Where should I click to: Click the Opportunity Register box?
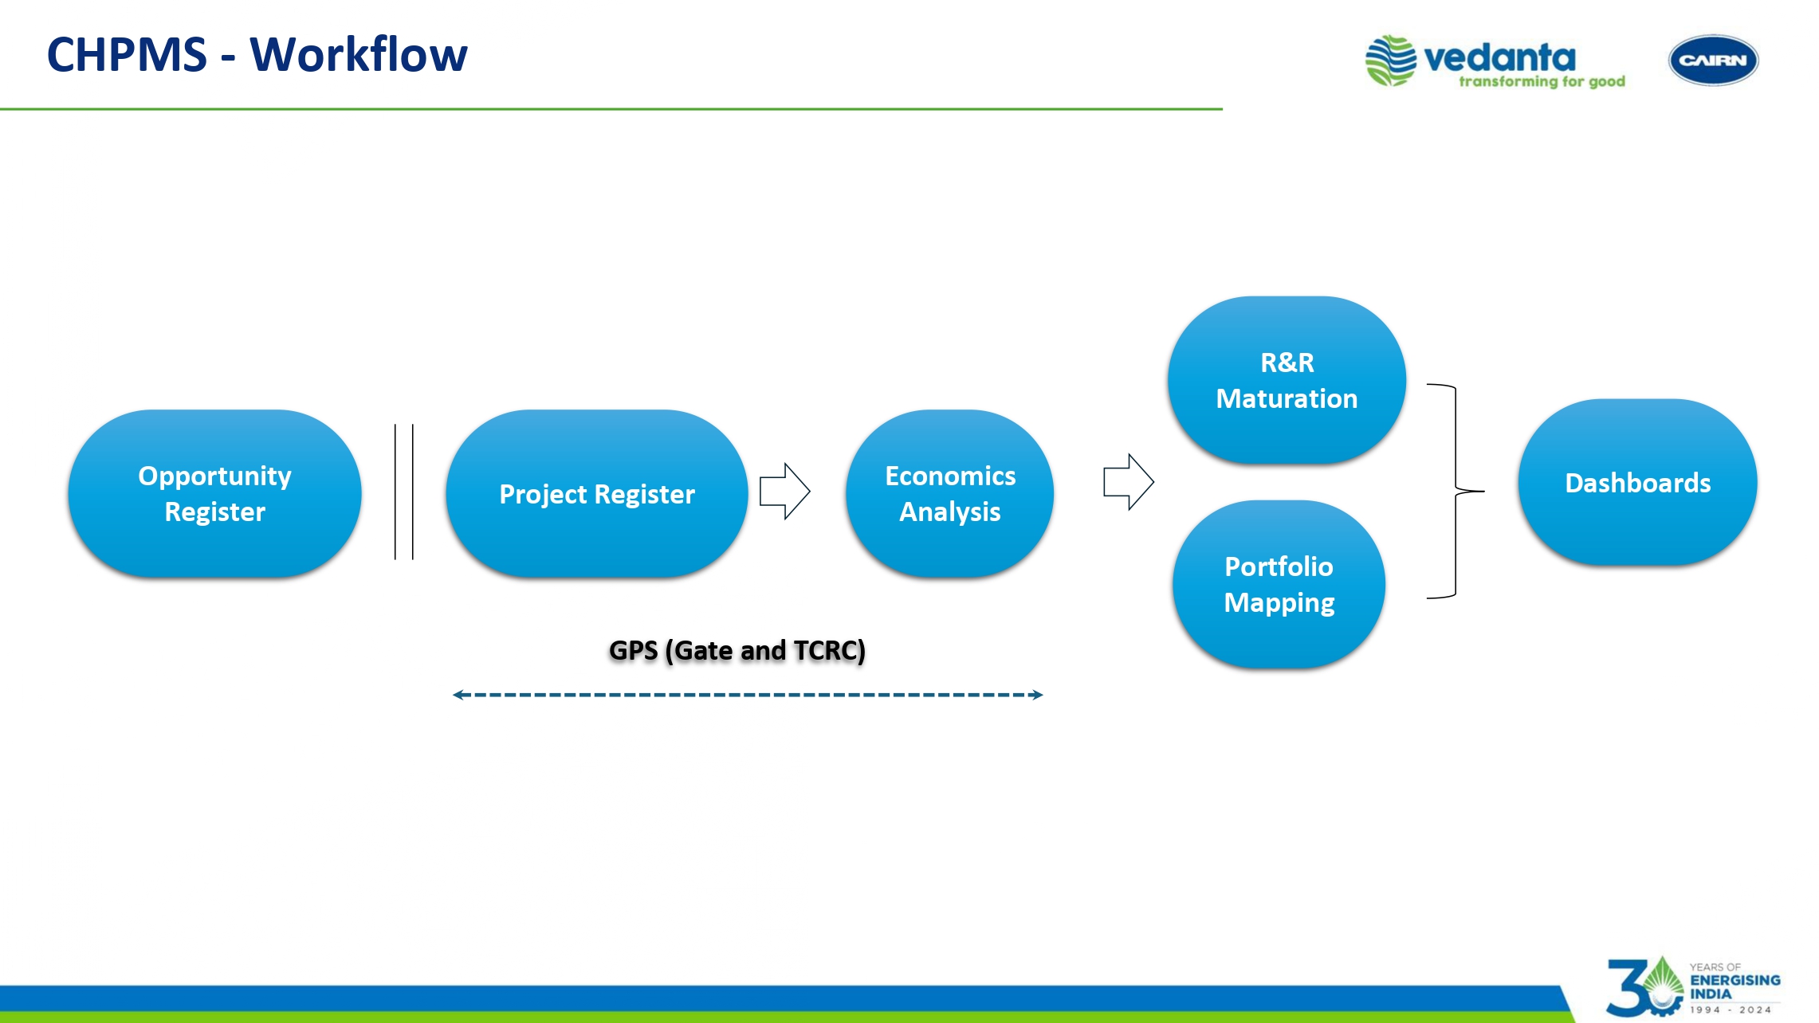(214, 493)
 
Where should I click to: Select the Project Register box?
(596, 493)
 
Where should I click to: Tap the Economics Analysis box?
(949, 493)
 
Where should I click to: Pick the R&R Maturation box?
(1286, 380)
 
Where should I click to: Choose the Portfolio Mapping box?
(1279, 584)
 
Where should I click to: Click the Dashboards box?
(1637, 483)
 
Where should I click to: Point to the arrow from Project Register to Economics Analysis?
(785, 491)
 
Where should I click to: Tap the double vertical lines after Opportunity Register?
(404, 492)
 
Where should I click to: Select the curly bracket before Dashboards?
(1456, 492)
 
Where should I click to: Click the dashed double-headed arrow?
(748, 695)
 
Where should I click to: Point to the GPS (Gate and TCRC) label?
(737, 650)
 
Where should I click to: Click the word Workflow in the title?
(359, 55)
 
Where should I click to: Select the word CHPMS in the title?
(127, 55)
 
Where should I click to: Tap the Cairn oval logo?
(1713, 61)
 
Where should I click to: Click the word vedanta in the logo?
(1499, 57)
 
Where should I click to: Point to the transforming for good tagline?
(1542, 81)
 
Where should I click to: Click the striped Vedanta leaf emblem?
(1391, 61)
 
